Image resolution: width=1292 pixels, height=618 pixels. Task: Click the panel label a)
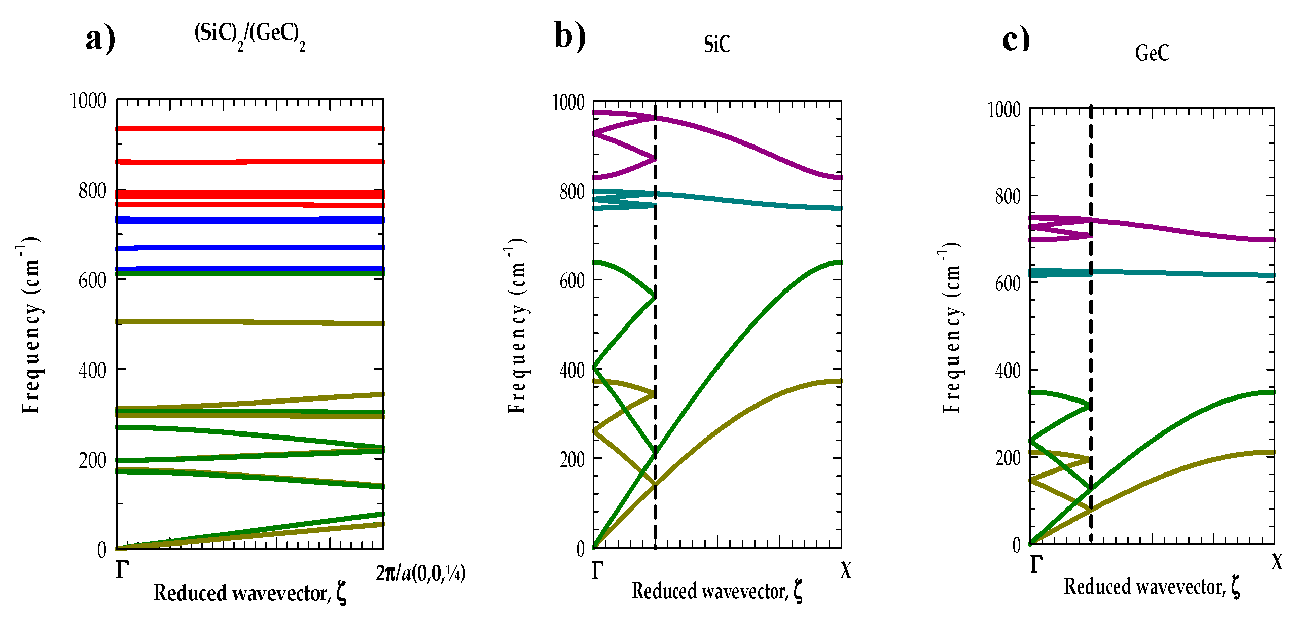(x=100, y=39)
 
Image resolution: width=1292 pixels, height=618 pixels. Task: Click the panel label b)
(x=569, y=36)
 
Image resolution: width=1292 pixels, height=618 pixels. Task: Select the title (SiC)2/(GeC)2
(x=249, y=36)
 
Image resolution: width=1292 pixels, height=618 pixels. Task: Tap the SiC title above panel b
(x=716, y=44)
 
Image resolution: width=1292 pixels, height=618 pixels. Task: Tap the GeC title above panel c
(x=1152, y=53)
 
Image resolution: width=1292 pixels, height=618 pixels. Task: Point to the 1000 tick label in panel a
(x=88, y=101)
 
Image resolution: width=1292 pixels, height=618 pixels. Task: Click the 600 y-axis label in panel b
(x=572, y=281)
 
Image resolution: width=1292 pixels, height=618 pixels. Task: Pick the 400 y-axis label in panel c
(x=1008, y=371)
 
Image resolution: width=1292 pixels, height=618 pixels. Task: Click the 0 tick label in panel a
(x=102, y=550)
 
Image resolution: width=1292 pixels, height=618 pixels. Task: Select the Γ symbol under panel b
(x=597, y=571)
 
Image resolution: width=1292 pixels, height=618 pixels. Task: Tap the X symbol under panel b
(x=845, y=570)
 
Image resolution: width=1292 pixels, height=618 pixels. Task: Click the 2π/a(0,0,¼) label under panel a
(x=420, y=573)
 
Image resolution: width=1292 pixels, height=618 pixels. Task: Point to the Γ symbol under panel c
(x=1036, y=564)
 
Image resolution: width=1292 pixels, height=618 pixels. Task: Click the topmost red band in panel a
(x=249, y=129)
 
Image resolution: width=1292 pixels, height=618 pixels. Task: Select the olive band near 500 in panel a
(x=249, y=322)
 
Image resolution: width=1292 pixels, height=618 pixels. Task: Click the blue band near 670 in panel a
(x=249, y=248)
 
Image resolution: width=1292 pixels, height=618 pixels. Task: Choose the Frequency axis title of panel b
(x=517, y=324)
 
